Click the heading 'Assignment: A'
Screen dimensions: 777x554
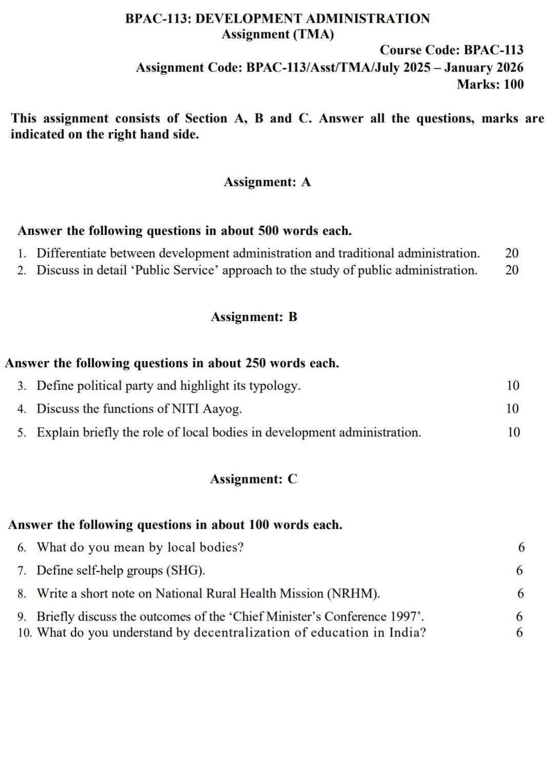[x=267, y=182]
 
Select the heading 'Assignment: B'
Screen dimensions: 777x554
[x=254, y=317]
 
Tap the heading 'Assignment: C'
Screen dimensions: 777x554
[x=253, y=479]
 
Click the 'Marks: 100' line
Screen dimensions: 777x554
[x=490, y=84]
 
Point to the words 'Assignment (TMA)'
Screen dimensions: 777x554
[x=278, y=34]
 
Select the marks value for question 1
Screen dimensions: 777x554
[x=511, y=253]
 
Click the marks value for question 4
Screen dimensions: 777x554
[x=512, y=409]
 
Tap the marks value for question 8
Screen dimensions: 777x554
[x=520, y=594]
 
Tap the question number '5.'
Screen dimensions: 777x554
[x=22, y=432]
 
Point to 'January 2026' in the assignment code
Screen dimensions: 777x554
[x=484, y=67]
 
